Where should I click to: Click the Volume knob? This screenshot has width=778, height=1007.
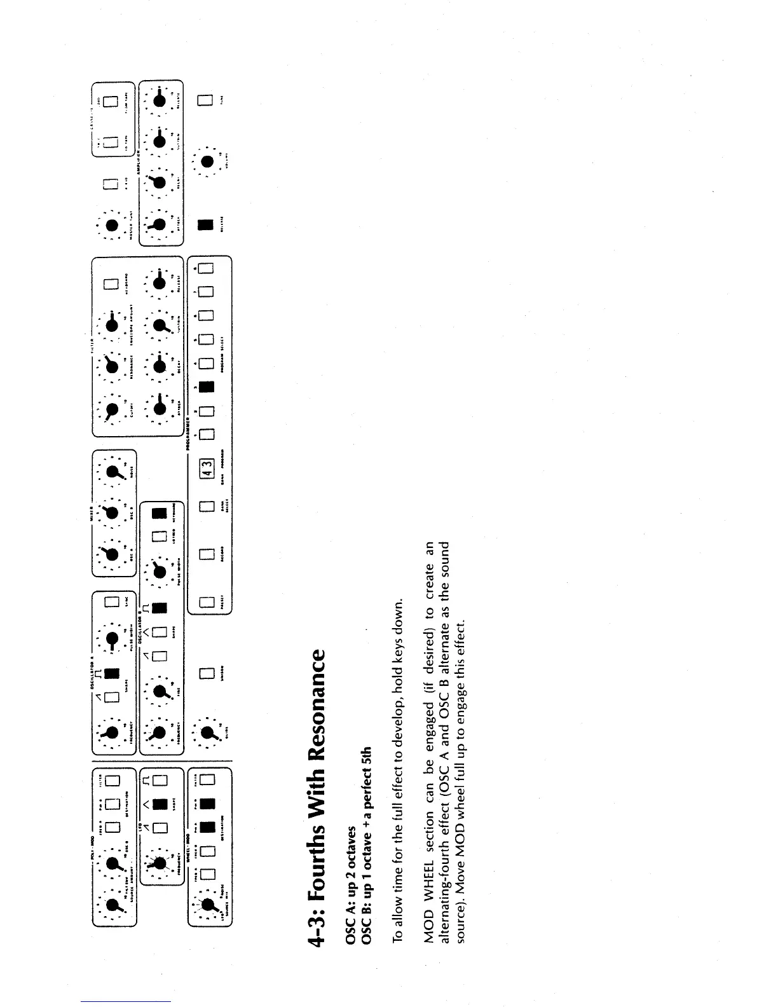[207, 161]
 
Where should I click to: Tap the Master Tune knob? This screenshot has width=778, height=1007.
[113, 224]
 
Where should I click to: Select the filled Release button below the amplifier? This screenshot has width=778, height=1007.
[205, 225]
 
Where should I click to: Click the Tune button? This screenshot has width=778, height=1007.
[205, 100]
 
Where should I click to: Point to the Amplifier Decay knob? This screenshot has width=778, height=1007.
[160, 182]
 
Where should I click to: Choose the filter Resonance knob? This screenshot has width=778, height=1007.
[113, 366]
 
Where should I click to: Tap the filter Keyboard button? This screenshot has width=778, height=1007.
[112, 284]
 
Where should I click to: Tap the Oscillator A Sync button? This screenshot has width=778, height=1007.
[112, 601]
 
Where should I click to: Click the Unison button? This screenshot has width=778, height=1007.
[205, 673]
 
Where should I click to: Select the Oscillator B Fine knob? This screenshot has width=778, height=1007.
[160, 690]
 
